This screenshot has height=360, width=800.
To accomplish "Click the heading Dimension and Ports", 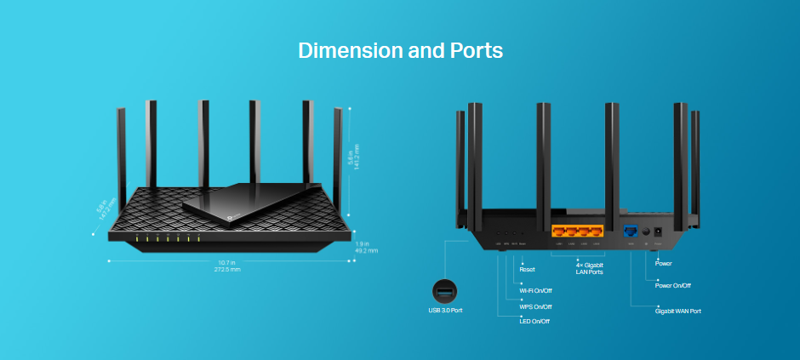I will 400,50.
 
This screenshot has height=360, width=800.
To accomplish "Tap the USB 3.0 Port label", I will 445,311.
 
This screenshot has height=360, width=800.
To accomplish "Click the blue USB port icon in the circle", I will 445,291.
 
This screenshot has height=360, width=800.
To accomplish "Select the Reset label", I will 527,269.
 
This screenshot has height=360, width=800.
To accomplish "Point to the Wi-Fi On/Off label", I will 535,290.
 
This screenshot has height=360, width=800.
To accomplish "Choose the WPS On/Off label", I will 535,306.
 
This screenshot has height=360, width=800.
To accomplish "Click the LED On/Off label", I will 534,321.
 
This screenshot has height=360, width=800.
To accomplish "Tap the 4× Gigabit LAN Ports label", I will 589,268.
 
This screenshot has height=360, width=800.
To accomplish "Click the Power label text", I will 663,264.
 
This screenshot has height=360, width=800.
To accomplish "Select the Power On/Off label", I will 672,286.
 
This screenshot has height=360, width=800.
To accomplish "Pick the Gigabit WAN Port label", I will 677,311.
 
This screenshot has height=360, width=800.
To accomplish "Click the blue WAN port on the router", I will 631,230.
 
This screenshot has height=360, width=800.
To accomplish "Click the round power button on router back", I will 647,231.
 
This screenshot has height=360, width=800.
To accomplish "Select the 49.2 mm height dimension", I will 367,251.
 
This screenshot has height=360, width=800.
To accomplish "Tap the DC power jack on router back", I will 658,230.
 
